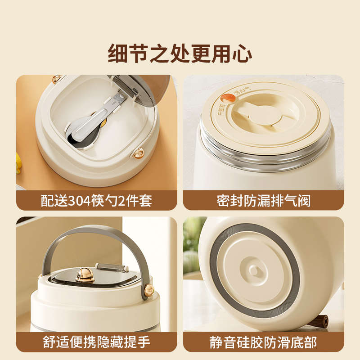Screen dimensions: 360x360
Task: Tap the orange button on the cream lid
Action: (x=226, y=97)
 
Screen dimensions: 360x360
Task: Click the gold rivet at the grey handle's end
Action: (x=149, y=290)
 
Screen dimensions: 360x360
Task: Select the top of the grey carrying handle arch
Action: (x=94, y=230)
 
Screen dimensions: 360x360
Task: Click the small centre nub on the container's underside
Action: (x=254, y=270)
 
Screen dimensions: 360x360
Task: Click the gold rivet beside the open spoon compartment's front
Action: (x=139, y=153)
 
